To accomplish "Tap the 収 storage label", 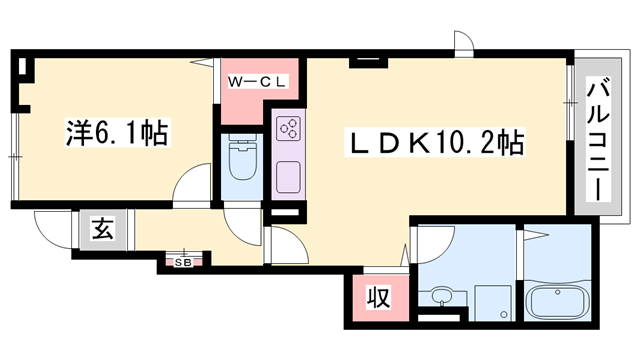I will tap(377, 298).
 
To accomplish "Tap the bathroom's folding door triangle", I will tap(535, 236).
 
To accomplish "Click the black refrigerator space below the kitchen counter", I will tap(286, 212).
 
